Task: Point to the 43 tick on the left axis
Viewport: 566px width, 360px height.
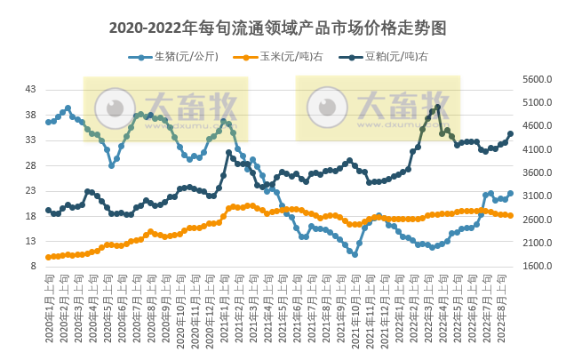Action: click(30, 90)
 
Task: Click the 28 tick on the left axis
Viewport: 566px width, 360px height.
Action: click(30, 165)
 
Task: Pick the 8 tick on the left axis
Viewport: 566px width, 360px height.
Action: click(33, 266)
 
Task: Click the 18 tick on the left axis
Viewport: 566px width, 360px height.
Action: click(30, 216)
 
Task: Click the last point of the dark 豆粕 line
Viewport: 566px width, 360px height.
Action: click(510, 134)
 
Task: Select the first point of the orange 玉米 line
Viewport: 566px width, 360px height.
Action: click(48, 257)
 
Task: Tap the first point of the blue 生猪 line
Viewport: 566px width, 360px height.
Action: click(48, 122)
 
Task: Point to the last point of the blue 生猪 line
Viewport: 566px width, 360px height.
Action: click(510, 193)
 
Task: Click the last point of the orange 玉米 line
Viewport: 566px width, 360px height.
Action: click(510, 215)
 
